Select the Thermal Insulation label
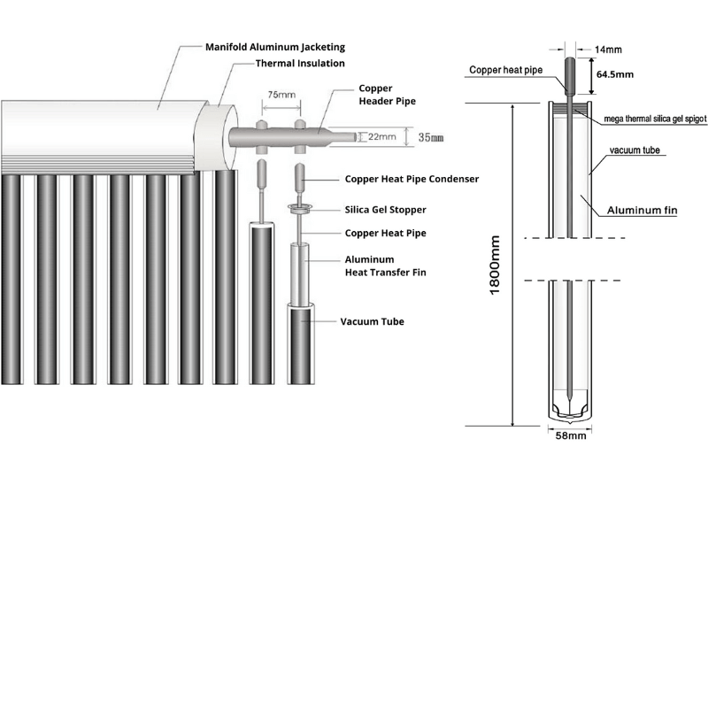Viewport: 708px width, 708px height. [300, 64]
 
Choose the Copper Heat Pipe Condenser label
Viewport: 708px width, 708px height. [411, 179]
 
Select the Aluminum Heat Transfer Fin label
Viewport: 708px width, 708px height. [385, 265]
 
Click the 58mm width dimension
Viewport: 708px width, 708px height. [566, 435]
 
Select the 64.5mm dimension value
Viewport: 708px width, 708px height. [614, 75]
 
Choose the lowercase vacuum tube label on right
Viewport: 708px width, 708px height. [637, 152]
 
